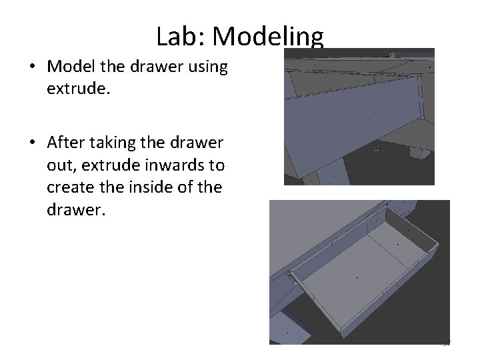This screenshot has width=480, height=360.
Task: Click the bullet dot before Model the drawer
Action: point(32,68)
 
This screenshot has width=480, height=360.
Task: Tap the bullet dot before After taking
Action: point(32,143)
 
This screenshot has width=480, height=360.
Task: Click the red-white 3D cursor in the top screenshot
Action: point(376,148)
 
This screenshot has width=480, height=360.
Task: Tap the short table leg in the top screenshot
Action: point(419,150)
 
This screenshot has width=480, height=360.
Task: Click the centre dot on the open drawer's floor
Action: point(358,276)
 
